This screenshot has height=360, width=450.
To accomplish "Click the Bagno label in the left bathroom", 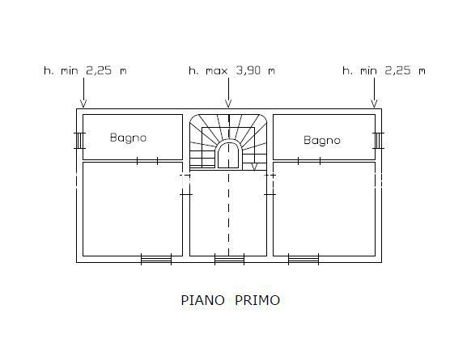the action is click(x=129, y=138).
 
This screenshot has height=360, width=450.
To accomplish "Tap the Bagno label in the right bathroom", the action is click(x=322, y=141).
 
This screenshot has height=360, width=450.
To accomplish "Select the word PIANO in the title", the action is click(x=203, y=300).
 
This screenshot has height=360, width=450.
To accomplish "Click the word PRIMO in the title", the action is click(x=257, y=300).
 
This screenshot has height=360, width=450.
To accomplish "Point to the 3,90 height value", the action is click(x=248, y=70).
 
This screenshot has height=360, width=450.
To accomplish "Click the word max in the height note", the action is click(x=216, y=71).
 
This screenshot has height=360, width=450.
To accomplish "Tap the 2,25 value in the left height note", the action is click(x=99, y=70).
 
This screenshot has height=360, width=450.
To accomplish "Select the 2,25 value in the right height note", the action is click(x=397, y=70).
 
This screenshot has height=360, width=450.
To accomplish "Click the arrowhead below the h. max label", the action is click(x=228, y=104).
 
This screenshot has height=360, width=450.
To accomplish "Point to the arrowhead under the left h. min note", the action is click(x=83, y=104).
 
